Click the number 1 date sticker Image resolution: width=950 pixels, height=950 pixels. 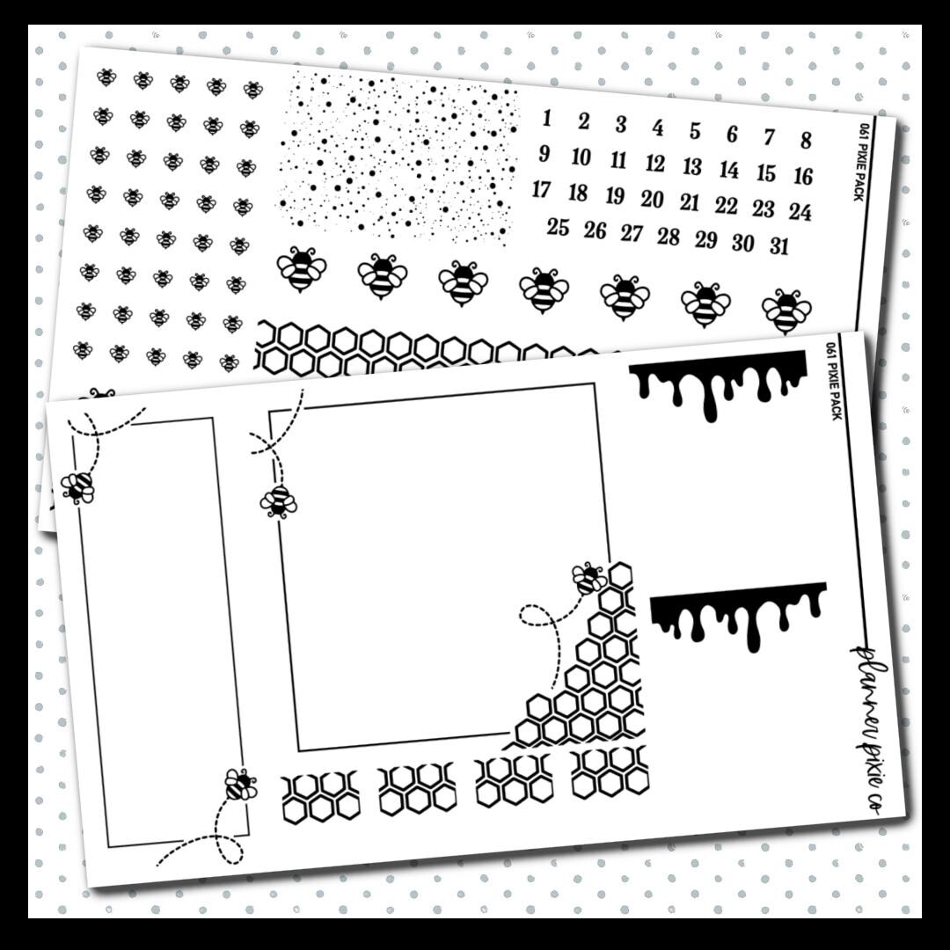click(x=547, y=118)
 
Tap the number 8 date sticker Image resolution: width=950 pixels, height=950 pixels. click(x=806, y=140)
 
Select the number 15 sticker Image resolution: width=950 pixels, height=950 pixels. click(x=766, y=172)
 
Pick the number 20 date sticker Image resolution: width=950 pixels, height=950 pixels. click(x=653, y=199)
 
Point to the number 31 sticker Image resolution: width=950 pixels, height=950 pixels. click(x=779, y=246)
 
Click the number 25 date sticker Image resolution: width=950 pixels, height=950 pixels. click(x=558, y=227)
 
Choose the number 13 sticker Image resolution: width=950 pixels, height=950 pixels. click(x=692, y=166)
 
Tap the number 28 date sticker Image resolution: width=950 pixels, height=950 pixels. click(x=669, y=237)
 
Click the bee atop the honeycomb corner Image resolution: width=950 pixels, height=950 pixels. click(x=588, y=578)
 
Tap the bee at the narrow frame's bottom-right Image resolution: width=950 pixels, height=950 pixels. click(x=240, y=785)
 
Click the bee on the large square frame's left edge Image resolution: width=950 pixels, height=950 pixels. click(x=278, y=502)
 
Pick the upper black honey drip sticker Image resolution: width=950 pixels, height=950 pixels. click(x=718, y=384)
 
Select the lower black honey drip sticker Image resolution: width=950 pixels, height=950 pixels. click(x=739, y=615)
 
